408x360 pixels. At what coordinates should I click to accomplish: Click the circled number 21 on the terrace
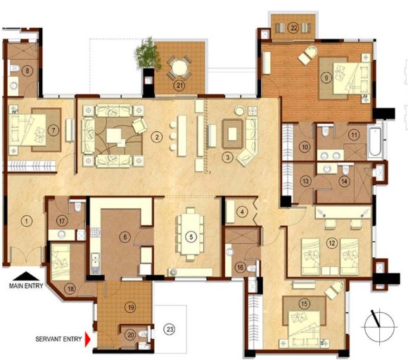tap(179, 86)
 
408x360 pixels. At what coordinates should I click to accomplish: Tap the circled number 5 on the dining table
tap(191, 237)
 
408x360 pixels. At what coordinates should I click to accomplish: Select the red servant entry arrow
tap(88, 339)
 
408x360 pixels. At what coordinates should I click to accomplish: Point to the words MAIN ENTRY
tap(26, 286)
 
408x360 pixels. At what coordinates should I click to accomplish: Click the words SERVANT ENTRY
tap(58, 339)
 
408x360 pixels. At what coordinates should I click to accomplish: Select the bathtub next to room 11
tap(375, 142)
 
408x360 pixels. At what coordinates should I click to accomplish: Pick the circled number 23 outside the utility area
tap(170, 330)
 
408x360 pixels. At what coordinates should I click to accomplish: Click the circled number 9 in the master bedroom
tap(326, 77)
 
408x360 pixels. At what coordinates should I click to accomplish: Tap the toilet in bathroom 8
tap(14, 68)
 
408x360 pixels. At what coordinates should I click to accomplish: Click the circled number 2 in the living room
tap(157, 137)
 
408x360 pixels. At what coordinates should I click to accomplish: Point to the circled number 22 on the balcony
tap(293, 27)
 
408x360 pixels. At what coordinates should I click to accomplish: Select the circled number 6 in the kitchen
tap(125, 237)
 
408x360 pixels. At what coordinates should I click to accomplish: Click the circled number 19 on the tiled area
tap(131, 307)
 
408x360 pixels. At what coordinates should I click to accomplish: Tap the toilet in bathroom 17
tap(77, 207)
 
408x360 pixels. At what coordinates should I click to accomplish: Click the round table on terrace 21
tap(179, 67)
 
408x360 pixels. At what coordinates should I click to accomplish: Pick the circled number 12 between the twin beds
tap(332, 243)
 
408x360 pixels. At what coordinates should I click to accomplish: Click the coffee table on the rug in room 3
tap(232, 134)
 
